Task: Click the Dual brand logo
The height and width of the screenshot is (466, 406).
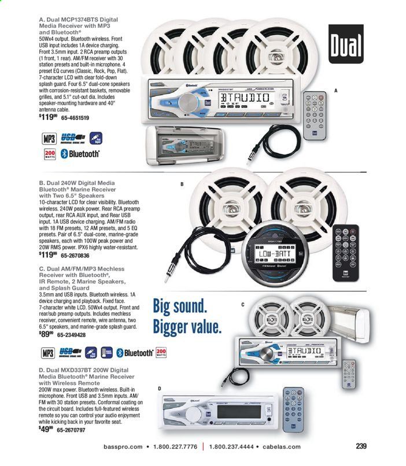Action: coord(348,43)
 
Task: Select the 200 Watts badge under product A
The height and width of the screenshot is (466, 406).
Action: coord(50,154)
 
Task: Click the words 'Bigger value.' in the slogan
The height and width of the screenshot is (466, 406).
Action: coord(187,327)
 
